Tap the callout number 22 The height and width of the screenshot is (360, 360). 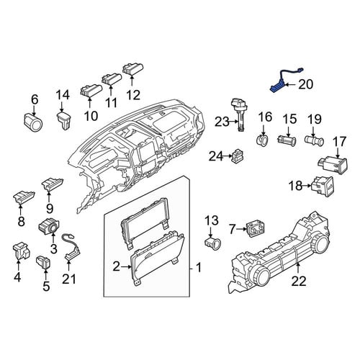299,281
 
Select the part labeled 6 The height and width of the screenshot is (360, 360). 34,122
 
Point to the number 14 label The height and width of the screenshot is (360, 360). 63,95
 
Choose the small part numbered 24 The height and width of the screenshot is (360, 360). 237,156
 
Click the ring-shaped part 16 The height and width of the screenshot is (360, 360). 262,140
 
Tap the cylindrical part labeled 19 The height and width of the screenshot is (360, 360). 315,140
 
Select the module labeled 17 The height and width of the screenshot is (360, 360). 333,166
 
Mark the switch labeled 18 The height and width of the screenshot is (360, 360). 323,186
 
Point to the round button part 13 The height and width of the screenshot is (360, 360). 212,244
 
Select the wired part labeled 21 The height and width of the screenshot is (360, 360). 71,247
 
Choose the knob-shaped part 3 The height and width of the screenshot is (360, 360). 49,225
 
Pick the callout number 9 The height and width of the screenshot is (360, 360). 50,209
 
